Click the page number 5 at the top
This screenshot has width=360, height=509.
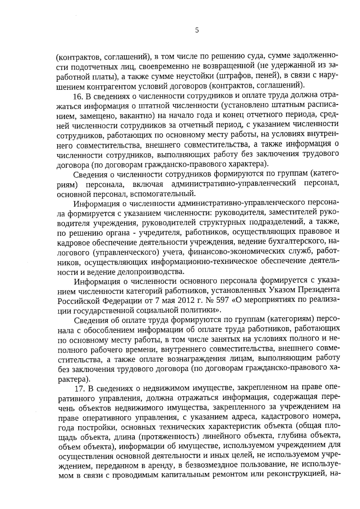coord(197,30)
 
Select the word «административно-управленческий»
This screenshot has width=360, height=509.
coord(234,184)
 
